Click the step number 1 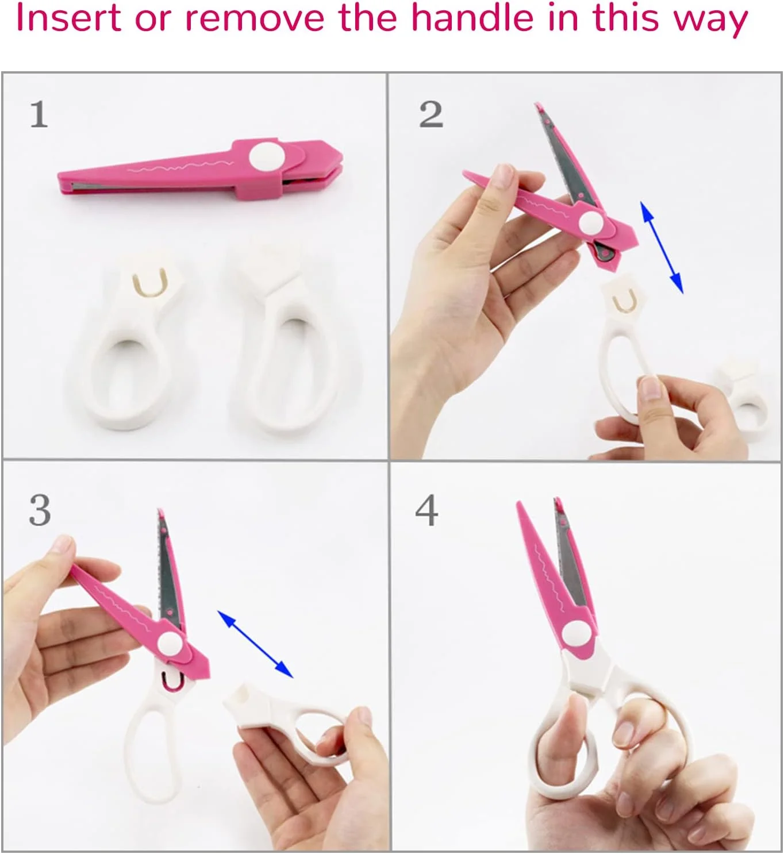(39, 114)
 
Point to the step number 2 (431, 114)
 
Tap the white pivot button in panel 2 (591, 222)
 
